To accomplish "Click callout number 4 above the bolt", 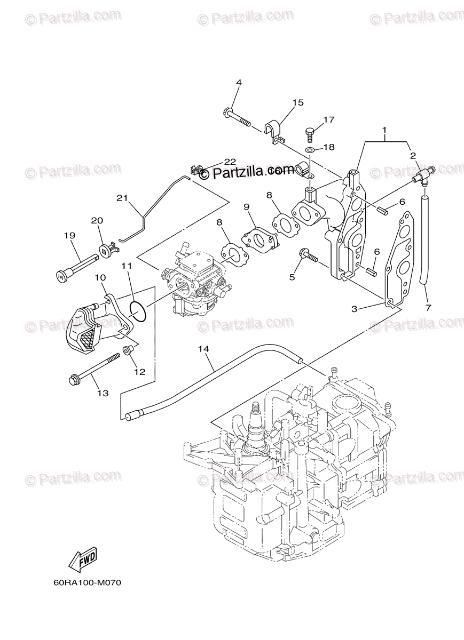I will (x=239, y=83).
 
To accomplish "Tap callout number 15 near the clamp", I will (x=297, y=102).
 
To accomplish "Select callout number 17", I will (x=329, y=120).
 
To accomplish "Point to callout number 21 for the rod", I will (x=122, y=198).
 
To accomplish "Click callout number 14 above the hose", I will (x=203, y=349).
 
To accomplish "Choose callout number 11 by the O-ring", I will (x=126, y=265).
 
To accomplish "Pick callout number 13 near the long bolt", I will (x=103, y=393).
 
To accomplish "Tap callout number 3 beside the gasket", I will (x=354, y=308).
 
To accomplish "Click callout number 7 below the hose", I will (x=428, y=307).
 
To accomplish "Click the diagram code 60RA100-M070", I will (x=88, y=583).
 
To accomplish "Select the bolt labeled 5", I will (x=308, y=257).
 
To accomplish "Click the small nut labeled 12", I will (x=128, y=350).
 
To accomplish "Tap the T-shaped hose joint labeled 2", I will (x=423, y=175).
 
